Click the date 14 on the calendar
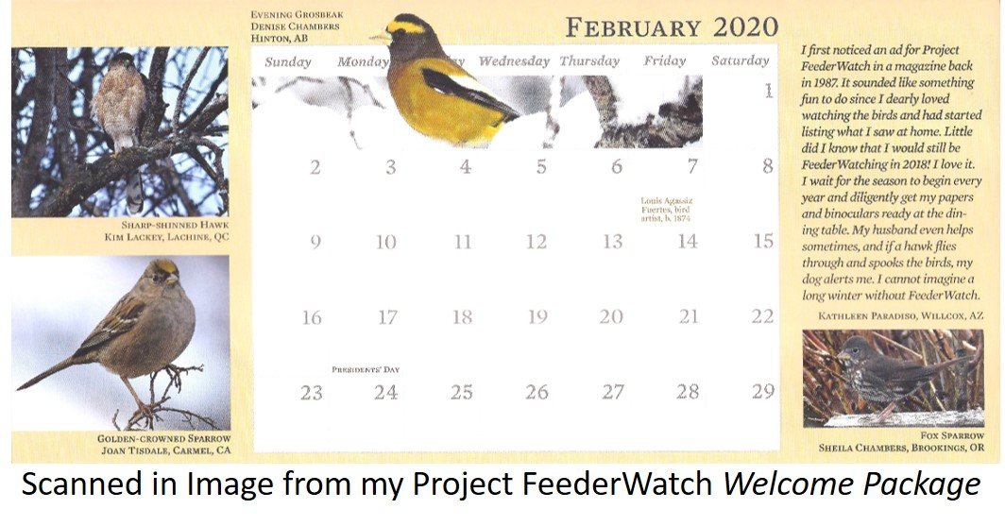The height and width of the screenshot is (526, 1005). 687,242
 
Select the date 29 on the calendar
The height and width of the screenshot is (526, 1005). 763,392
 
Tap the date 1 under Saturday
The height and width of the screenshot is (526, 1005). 768,91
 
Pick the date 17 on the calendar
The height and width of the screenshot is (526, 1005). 387,317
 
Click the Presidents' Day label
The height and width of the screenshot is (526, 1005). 366,369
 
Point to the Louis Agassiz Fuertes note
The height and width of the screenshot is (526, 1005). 667,210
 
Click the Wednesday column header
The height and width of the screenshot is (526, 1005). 514,61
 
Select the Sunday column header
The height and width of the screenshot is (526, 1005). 288,62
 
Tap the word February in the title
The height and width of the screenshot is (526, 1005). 633,28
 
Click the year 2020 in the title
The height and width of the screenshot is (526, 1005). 745,27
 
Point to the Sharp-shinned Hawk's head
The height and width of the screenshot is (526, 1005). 123,61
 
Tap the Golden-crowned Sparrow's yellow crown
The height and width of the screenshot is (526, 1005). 165,265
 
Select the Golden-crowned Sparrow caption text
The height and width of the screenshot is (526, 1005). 164,439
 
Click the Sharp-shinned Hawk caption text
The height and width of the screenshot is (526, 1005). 175,225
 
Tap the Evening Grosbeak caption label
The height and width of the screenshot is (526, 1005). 297,14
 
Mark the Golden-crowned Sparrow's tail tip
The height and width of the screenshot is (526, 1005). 19,387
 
